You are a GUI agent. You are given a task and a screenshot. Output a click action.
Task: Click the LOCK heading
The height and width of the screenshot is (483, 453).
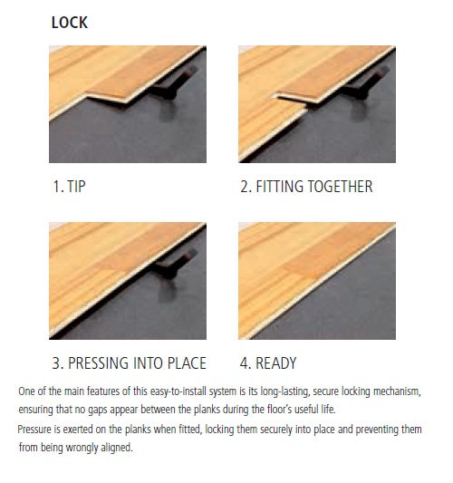click(70, 22)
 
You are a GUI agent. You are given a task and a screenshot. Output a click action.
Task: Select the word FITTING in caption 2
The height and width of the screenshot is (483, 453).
click(281, 187)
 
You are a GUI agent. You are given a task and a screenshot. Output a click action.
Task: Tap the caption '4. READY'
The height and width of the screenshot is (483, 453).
click(268, 363)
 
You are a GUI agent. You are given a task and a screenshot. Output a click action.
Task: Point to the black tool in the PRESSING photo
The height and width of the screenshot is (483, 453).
click(169, 266)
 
